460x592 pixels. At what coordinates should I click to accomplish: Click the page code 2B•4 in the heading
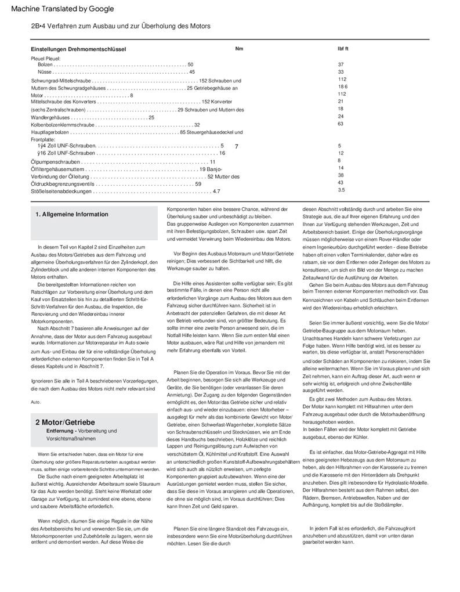38,27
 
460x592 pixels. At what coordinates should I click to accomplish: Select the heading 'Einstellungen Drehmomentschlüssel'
78,49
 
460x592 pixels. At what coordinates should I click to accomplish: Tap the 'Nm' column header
239,49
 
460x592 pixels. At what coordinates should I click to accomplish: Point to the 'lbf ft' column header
342,49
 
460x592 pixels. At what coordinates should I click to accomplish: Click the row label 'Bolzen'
45,64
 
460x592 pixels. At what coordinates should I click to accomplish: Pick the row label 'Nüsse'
45,72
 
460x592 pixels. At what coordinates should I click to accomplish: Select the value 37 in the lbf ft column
341,64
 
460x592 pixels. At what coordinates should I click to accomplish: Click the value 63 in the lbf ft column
341,124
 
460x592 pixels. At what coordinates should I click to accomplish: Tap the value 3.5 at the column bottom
341,190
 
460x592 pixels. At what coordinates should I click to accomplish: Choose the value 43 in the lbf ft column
341,182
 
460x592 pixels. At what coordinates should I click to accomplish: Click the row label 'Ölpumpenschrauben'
55,162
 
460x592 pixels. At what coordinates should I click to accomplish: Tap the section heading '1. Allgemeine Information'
72,214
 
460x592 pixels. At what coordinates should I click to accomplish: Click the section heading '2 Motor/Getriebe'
65,422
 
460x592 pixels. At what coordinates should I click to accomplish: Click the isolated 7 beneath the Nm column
237,147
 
